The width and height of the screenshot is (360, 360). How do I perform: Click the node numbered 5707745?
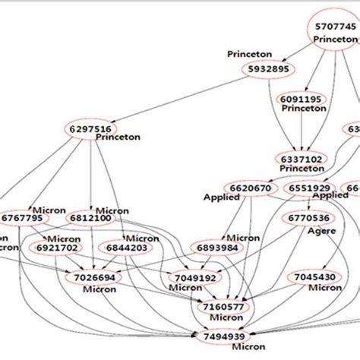click(x=335, y=27)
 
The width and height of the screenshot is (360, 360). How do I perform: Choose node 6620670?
click(x=246, y=187)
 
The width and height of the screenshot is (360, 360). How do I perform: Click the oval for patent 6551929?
click(x=308, y=188)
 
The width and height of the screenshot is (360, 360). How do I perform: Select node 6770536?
click(x=310, y=218)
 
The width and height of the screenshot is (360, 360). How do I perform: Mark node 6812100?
click(x=91, y=218)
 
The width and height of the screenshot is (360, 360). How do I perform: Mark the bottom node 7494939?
click(x=226, y=336)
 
